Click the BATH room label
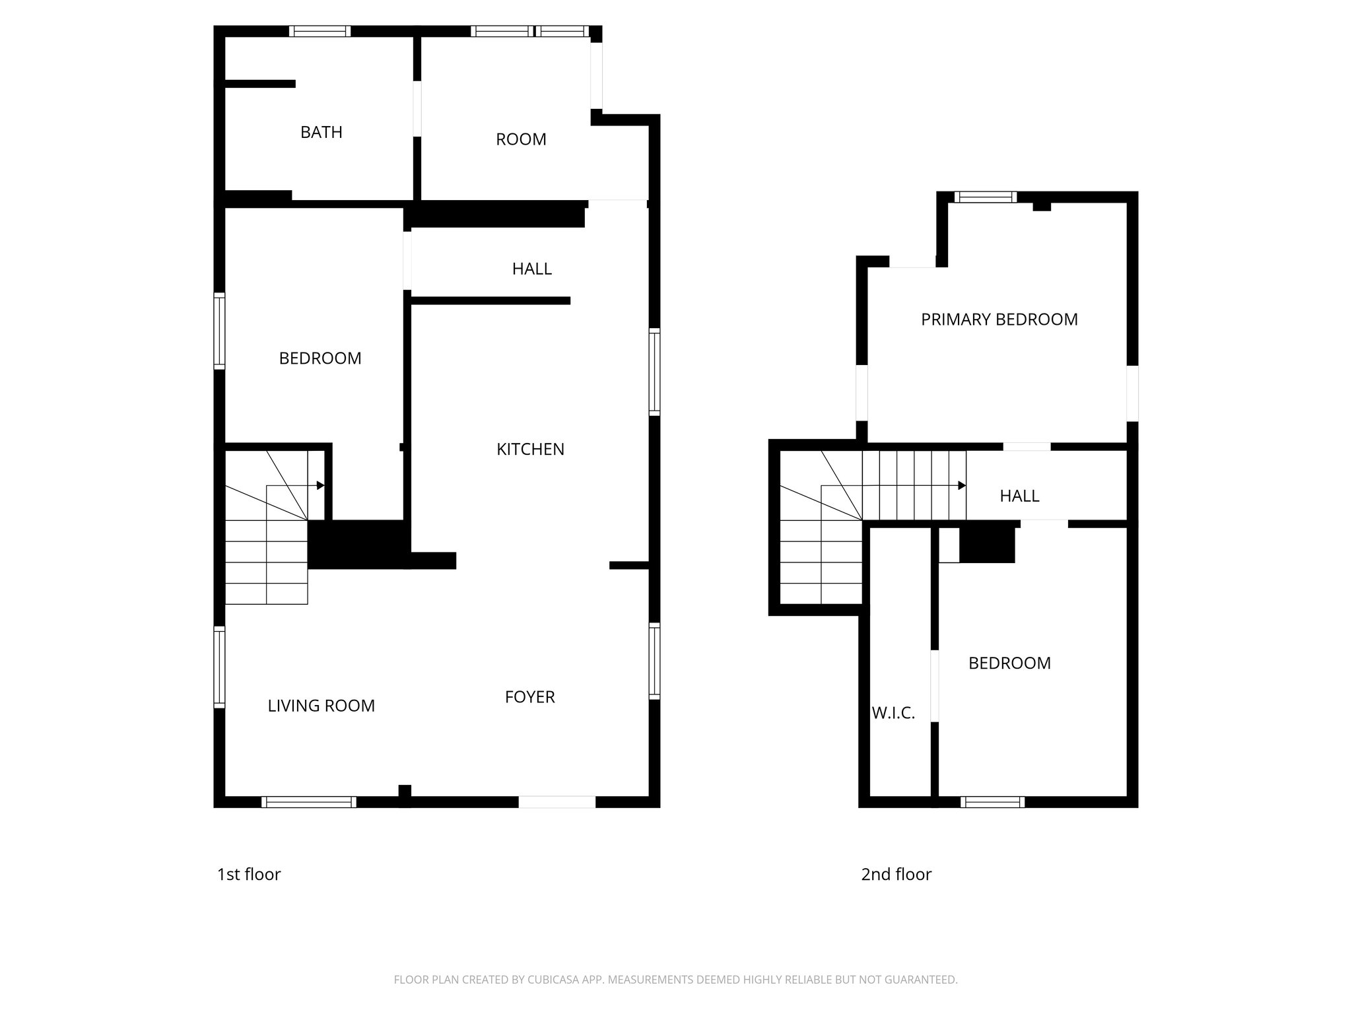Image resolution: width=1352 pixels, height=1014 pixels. pyautogui.click(x=321, y=132)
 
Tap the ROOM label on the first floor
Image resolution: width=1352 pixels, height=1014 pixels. pyautogui.click(x=521, y=139)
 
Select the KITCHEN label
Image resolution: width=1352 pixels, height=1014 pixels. pyautogui.click(x=530, y=450)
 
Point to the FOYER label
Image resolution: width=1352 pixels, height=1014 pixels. pyautogui.click(x=529, y=697)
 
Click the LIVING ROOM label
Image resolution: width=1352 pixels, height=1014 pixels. pyautogui.click(x=321, y=706)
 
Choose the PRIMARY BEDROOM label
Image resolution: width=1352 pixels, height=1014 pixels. pyautogui.click(x=999, y=320)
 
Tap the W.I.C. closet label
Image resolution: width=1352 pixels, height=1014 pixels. pyautogui.click(x=893, y=713)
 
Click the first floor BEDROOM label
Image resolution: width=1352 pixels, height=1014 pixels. pyautogui.click(x=320, y=358)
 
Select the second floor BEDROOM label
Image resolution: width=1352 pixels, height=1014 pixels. pyautogui.click(x=1009, y=663)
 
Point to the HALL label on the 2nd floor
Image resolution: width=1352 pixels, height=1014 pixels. pyautogui.click(x=1019, y=496)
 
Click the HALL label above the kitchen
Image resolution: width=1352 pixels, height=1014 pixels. pyautogui.click(x=531, y=269)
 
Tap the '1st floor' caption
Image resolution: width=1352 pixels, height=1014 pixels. pyautogui.click(x=249, y=874)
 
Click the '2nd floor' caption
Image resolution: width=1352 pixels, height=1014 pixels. pyautogui.click(x=896, y=874)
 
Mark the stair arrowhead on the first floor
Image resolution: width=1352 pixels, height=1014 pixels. pyautogui.click(x=321, y=485)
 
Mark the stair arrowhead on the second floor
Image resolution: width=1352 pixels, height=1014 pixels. pyautogui.click(x=963, y=485)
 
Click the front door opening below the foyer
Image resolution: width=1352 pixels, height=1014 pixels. pyautogui.click(x=557, y=802)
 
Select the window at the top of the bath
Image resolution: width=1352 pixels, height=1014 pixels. pyautogui.click(x=320, y=31)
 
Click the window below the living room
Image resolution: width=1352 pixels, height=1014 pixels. pyautogui.click(x=308, y=802)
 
